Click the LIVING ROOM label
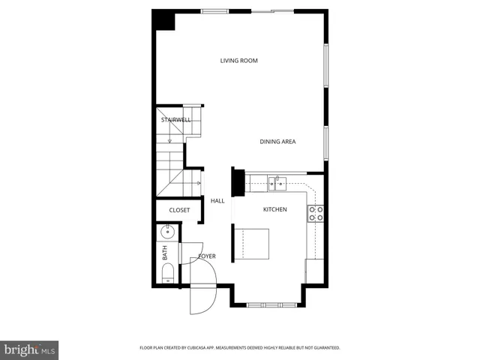[238, 61]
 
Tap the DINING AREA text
[277, 142]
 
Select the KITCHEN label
[274, 210]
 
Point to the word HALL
[217, 201]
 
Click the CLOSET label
[179, 210]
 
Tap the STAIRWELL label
[175, 119]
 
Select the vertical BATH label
[165, 253]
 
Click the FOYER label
[207, 256]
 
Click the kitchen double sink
[277, 182]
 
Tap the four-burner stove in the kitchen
[316, 213]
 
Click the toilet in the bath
[167, 273]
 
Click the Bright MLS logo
[29, 349]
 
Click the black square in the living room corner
[163, 20]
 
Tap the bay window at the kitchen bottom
[267, 304]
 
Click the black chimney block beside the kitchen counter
[238, 182]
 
